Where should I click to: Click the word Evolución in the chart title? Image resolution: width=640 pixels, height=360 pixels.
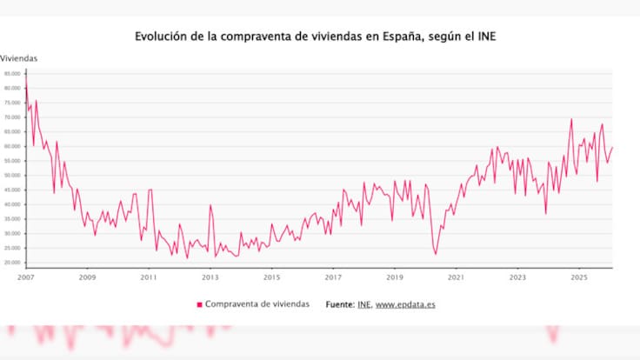coord(161,37)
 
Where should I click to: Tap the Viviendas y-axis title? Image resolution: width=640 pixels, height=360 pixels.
coord(19,58)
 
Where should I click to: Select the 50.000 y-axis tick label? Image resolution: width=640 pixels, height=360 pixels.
coord(12,175)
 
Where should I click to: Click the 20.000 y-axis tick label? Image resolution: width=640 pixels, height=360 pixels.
coord(12,263)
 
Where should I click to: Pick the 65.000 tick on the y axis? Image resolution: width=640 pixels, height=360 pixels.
coord(12,131)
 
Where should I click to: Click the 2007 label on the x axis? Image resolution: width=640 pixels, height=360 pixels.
coord(26,277)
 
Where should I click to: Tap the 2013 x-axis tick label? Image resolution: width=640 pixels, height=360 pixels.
coord(210,277)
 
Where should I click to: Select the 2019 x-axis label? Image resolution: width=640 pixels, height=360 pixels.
coord(395,277)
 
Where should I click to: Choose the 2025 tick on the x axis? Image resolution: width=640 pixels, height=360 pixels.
coord(579,277)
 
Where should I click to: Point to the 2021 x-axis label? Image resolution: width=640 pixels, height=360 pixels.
coord(456,277)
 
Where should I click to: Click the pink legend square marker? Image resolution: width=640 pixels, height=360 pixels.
coord(199,304)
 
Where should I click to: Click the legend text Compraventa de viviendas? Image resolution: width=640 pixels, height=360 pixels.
coord(258,304)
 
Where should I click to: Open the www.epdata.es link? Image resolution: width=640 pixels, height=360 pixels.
coord(405,304)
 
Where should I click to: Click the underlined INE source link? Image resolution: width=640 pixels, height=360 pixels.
coord(363,304)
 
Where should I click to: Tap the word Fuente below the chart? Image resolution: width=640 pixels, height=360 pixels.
coord(340,304)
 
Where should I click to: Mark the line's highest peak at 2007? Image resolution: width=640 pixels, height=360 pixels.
coord(26,77)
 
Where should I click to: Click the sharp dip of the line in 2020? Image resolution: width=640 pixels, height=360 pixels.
coord(436,253)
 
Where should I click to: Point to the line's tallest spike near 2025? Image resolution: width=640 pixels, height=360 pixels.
coord(571,119)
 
